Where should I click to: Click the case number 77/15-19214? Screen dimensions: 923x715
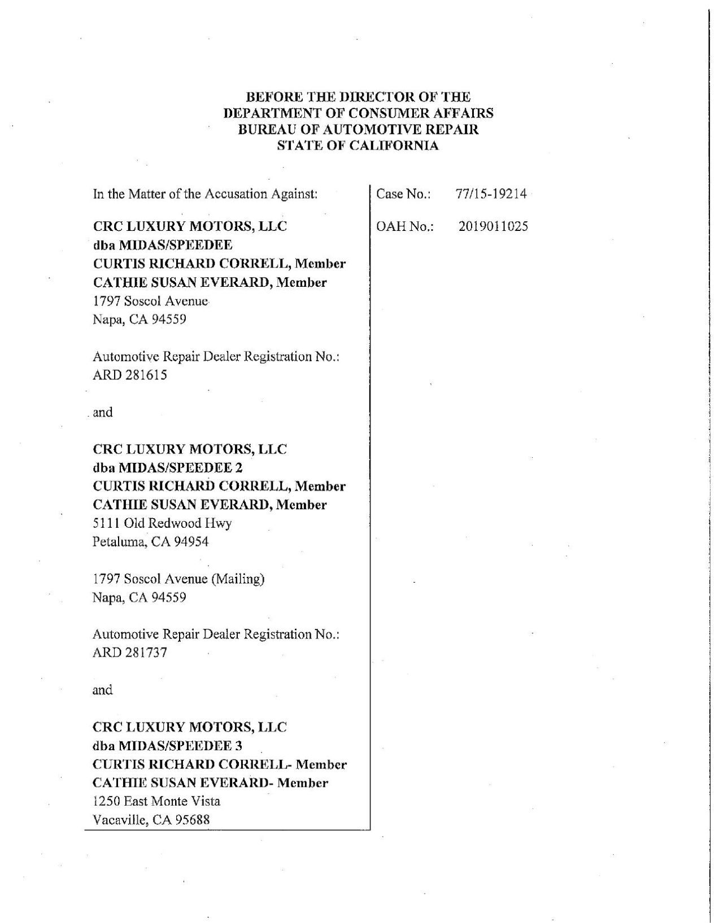pyautogui.click(x=491, y=194)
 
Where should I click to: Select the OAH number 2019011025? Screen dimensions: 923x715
pyautogui.click(x=493, y=226)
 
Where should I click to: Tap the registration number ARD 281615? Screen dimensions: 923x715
pyautogui.click(x=130, y=375)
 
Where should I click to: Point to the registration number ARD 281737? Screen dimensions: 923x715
pyautogui.click(x=130, y=653)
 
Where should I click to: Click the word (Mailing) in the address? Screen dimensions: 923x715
pyautogui.click(x=237, y=579)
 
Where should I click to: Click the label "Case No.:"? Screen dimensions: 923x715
pyautogui.click(x=404, y=194)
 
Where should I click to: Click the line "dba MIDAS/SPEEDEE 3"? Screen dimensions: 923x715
pyautogui.click(x=168, y=745)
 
